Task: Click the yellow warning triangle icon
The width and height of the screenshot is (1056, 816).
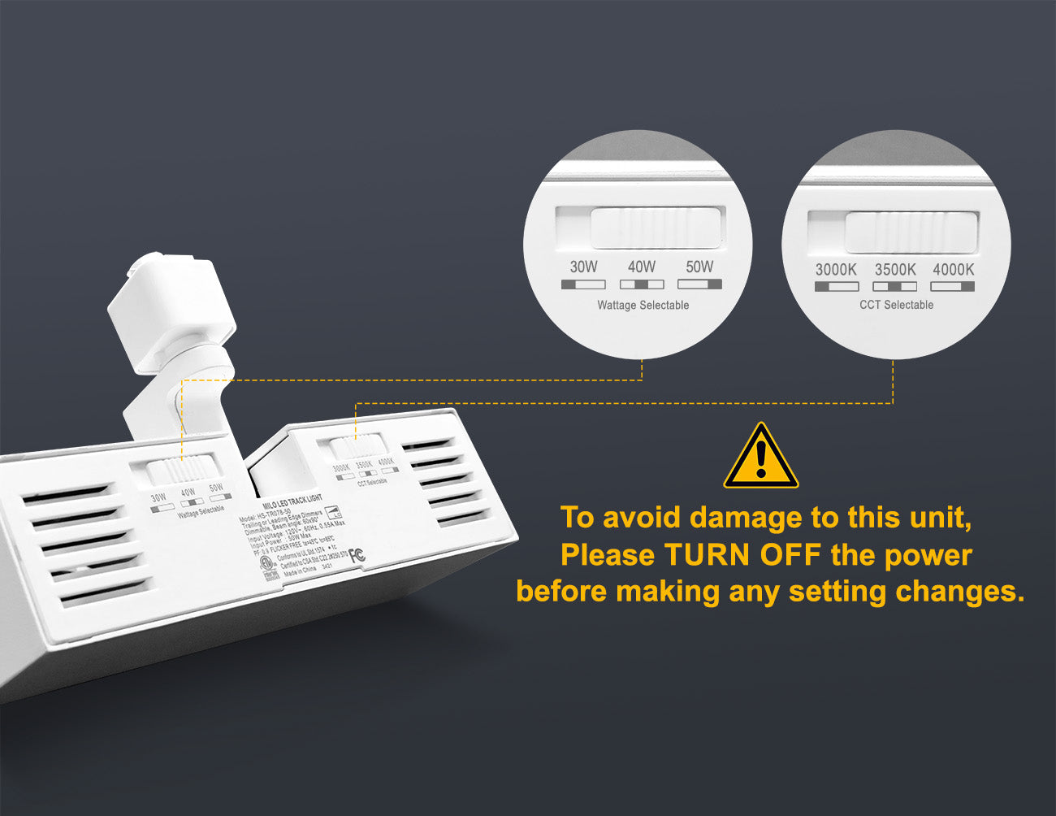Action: coord(760,457)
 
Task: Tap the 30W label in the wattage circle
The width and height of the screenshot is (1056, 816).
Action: coord(583,267)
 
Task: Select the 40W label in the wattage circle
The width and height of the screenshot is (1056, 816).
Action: coord(642,267)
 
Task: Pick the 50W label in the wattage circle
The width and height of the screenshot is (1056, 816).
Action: coord(699,267)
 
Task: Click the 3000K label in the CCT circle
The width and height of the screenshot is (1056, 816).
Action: coord(836,269)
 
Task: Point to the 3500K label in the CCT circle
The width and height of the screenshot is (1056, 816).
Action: coord(894,269)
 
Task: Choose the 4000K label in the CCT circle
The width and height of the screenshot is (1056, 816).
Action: coord(953,269)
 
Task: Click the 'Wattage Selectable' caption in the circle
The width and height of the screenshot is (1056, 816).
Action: coord(643,306)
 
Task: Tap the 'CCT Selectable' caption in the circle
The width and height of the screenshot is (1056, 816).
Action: coord(896,305)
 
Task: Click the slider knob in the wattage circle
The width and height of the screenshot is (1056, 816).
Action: coord(656,228)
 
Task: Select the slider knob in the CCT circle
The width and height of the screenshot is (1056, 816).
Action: coord(910,232)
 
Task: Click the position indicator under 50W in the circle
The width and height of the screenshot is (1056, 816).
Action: coord(699,284)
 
